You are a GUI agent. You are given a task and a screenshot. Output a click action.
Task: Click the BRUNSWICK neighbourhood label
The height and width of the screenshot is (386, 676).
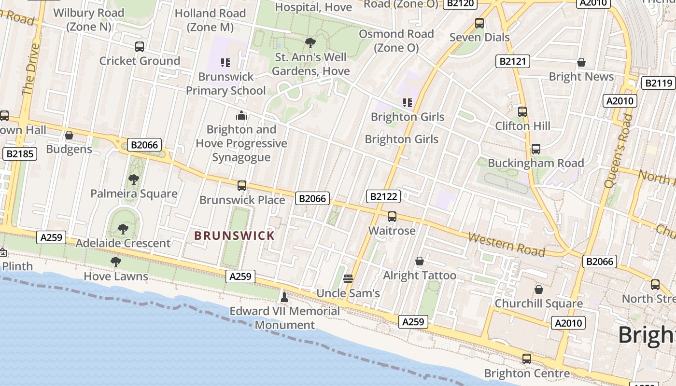pos(234,236)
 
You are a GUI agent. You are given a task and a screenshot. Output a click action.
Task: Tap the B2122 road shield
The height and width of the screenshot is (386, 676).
pos(383,196)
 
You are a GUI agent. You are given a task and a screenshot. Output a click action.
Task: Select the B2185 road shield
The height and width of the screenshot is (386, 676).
pos(19,154)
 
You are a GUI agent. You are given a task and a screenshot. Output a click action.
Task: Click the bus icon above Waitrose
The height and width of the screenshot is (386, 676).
pos(392,217)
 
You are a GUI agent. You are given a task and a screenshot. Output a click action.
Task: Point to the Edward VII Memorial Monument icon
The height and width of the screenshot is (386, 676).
pos(284,297)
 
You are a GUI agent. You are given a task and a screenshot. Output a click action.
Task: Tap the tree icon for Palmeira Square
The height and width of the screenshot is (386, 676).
pos(134,180)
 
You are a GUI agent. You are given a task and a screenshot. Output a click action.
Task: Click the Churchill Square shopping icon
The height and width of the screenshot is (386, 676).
pos(539,290)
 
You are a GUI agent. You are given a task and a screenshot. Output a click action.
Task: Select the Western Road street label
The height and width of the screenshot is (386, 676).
pos(506,245)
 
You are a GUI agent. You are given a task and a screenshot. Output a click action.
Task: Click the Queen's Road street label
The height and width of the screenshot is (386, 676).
pos(618,151)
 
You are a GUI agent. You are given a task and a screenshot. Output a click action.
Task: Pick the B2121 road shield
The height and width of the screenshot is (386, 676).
pos(513,61)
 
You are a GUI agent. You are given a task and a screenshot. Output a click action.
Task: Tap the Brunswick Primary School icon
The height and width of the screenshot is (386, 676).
pos(225,63)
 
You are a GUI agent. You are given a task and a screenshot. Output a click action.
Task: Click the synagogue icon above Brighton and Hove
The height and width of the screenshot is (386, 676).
pos(241,116)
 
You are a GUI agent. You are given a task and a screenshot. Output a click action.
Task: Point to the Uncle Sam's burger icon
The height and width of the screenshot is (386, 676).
pos(348,279)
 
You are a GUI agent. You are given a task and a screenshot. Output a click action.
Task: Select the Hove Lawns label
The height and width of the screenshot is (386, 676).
pos(116,276)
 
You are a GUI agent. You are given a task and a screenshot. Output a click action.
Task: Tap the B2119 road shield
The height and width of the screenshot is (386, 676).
pos(659,83)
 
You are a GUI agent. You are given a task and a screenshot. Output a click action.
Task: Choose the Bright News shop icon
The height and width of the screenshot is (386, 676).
pos(581,63)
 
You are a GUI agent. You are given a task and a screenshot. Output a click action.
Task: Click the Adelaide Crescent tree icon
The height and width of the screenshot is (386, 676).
pos(123,229)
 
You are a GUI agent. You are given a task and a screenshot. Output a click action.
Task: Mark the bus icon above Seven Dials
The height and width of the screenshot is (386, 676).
pos(479,23)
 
